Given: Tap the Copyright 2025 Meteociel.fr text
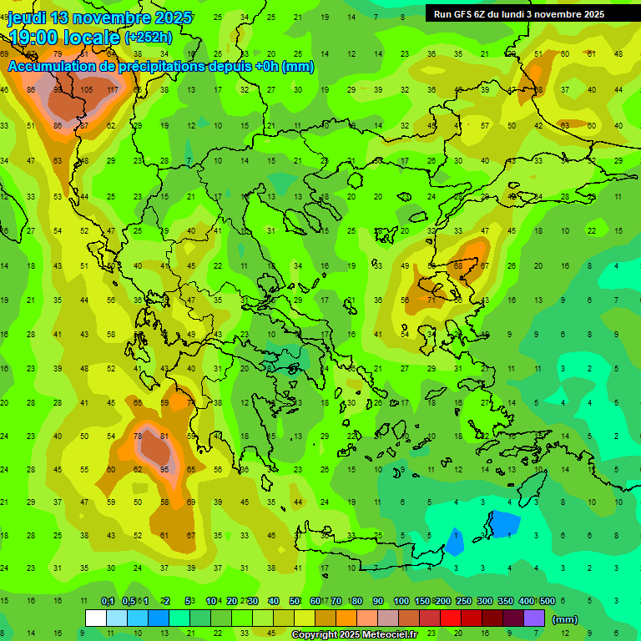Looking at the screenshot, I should click(354, 635).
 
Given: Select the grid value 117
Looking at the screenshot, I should click(112, 90).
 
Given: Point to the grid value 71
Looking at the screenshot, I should click(432, 299).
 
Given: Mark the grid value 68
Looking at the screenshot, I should click(457, 265).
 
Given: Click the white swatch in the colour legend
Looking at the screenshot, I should click(96, 618).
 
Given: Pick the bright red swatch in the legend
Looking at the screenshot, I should click(448, 618).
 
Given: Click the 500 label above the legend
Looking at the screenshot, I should click(547, 602).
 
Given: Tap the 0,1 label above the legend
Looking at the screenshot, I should click(108, 602).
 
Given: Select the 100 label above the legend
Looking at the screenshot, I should click(401, 602).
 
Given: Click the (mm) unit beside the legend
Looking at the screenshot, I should click(565, 619).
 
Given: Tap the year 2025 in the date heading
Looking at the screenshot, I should click(173, 18).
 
